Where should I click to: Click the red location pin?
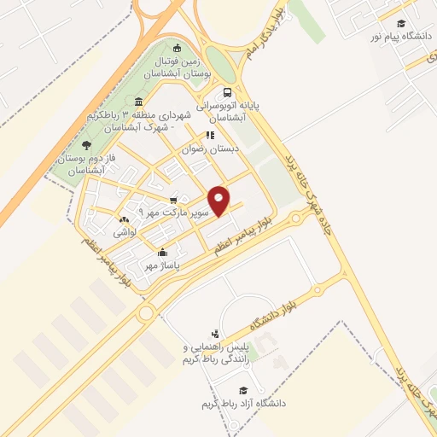coord(220,200)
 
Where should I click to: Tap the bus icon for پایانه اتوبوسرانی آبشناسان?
coord(227,92)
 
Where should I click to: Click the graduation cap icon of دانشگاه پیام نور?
coord(399,23)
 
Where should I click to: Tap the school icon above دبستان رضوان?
coord(210,135)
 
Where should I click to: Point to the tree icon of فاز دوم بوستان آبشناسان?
coord(84,143)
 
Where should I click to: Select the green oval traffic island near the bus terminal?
coord(219,62)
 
